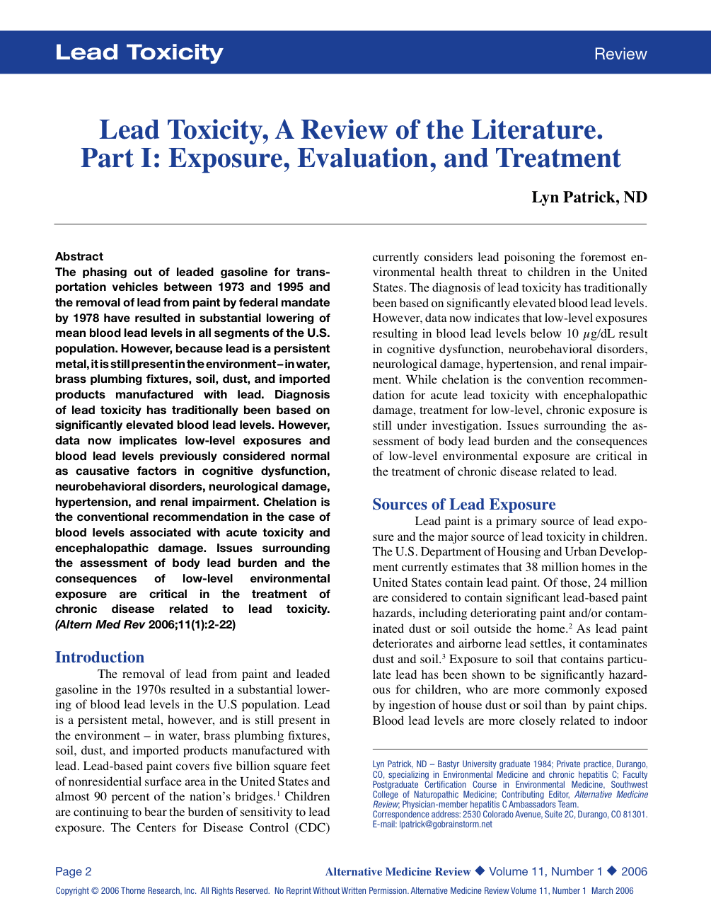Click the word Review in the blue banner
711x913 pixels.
pos(620,54)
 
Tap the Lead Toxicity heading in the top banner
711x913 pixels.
pos(139,52)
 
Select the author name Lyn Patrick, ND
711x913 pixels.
pos(589,197)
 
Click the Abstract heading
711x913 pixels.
pos(79,256)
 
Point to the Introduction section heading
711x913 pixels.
pos(100,657)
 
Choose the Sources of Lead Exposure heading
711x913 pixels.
pos(464,504)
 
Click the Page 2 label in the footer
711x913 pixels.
pos(74,871)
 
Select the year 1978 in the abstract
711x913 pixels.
pos(86,318)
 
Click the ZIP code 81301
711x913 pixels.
pos(633,814)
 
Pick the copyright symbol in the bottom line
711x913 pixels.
pos(95,891)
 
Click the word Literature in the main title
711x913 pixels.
pos(536,130)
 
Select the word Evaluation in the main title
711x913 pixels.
pos(366,159)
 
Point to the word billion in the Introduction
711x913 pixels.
pos(250,766)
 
